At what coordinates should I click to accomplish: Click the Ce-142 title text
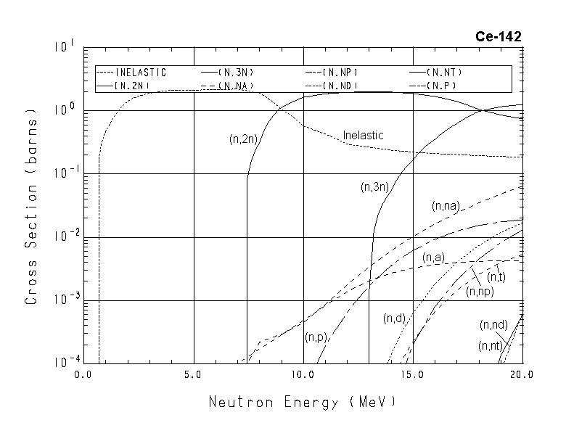(x=499, y=36)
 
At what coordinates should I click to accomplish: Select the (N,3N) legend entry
(x=236, y=73)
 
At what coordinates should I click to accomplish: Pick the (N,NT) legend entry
(x=444, y=73)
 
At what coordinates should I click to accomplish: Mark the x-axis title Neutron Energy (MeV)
(x=303, y=401)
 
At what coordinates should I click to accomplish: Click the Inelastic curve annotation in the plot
(x=363, y=136)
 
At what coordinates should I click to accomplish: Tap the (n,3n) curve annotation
(x=376, y=187)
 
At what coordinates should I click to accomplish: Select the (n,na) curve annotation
(x=447, y=207)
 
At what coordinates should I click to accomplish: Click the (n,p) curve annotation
(x=317, y=337)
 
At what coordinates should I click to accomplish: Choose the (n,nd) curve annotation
(x=493, y=324)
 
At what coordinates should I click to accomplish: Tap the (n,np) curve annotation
(x=480, y=292)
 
